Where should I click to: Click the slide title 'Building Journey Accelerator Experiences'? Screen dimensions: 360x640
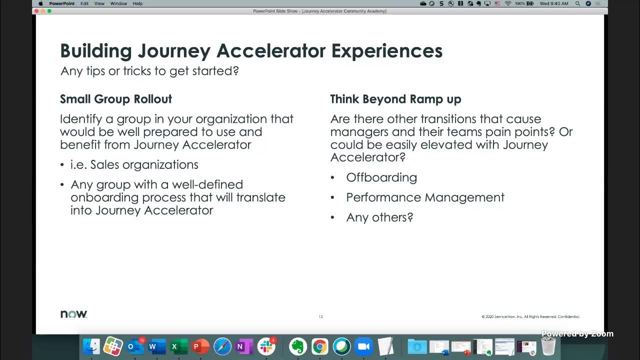pos(251,51)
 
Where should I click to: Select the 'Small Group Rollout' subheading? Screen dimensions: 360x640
pos(116,99)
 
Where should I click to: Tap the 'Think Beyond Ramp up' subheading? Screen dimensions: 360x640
pos(395,99)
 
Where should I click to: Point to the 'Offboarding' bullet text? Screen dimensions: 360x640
pos(381,177)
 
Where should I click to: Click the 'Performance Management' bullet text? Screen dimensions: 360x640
pos(425,197)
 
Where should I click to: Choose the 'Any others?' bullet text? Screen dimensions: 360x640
pos(379,217)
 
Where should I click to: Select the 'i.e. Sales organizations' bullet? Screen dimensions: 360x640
pos(134,165)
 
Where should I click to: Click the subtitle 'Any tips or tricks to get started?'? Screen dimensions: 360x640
pos(149,71)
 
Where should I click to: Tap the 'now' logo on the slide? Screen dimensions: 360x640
pos(73,314)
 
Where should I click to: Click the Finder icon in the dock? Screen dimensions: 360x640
pos(91,346)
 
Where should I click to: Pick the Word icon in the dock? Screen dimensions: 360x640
pos(157,346)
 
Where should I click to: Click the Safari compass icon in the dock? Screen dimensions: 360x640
pos(222,346)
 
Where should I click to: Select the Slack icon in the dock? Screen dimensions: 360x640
pos(266,346)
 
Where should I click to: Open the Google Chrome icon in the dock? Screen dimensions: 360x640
pos(320,346)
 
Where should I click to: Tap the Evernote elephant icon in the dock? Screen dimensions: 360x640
pos(298,346)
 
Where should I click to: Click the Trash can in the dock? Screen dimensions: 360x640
pos(548,346)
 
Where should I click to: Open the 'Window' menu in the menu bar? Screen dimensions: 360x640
pos(118,3)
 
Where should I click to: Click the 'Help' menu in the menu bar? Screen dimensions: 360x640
pos(137,3)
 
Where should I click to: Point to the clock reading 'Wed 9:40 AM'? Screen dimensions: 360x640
pos(554,3)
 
